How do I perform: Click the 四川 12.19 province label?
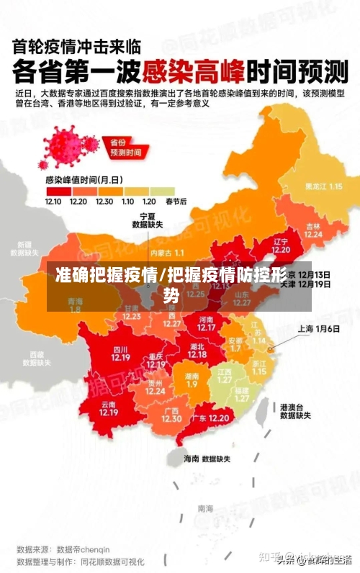(x=120, y=353)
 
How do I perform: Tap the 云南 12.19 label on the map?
(x=109, y=408)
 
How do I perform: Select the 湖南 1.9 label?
(x=192, y=380)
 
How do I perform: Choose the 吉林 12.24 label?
(x=312, y=229)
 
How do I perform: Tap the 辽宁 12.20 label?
(x=281, y=245)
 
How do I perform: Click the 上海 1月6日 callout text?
(x=319, y=328)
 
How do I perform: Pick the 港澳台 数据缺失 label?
(x=295, y=411)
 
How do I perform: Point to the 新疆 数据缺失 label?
(x=24, y=248)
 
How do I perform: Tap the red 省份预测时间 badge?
(x=125, y=147)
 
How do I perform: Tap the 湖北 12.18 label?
(x=197, y=350)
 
